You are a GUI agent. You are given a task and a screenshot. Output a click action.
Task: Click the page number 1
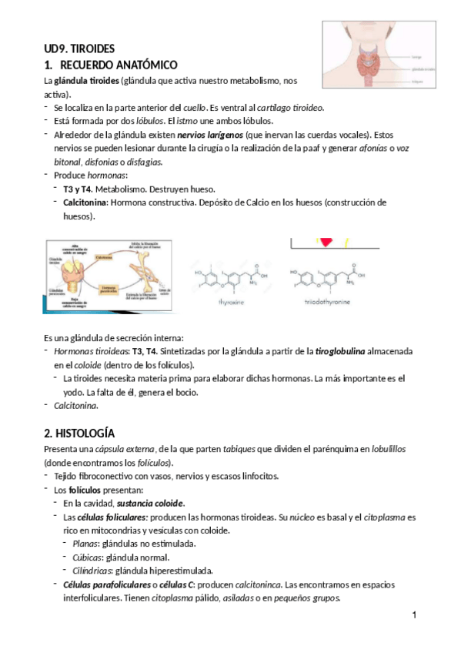[x=414, y=614]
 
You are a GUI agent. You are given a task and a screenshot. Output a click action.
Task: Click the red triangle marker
[x=326, y=242]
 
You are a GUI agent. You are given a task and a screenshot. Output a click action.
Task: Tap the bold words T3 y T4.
[x=77, y=189]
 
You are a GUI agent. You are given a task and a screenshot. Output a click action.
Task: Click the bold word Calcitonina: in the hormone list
[x=86, y=202]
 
